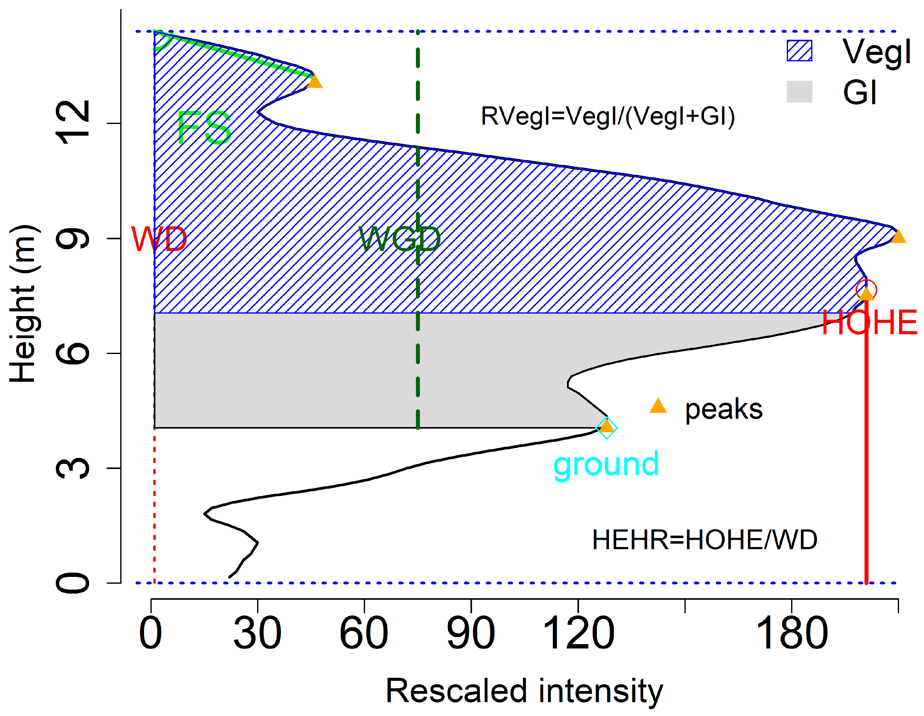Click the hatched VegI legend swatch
pyautogui.click(x=799, y=51)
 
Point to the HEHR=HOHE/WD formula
pyautogui.click(x=704, y=540)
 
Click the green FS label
pyautogui.click(x=204, y=127)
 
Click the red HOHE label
pyautogui.click(x=869, y=323)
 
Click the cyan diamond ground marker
pyautogui.click(x=607, y=427)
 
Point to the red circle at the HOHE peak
pyautogui.click(x=866, y=290)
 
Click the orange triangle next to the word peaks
pyautogui.click(x=658, y=406)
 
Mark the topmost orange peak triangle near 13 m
pyautogui.click(x=314, y=81)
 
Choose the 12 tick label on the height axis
pyautogui.click(x=73, y=123)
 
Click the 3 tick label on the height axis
pyautogui.click(x=73, y=468)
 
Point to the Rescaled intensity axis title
pyautogui.click(x=524, y=691)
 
